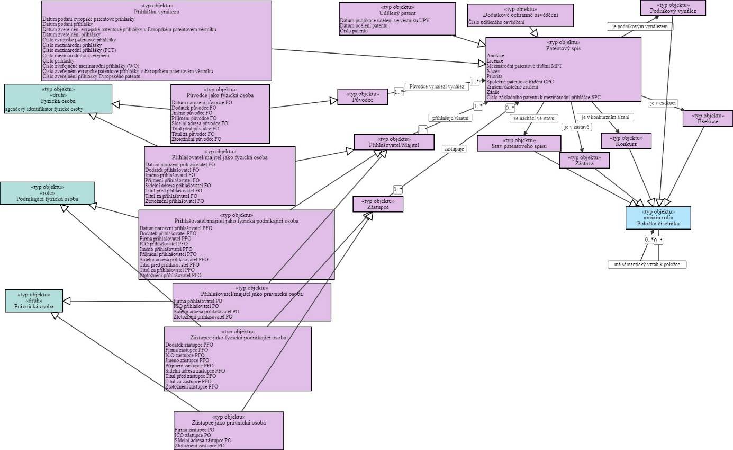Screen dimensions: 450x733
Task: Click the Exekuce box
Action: pyautogui.click(x=708, y=119)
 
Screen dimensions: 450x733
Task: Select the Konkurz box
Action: pyautogui.click(x=626, y=141)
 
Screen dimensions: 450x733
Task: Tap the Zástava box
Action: pyautogui.click(x=584, y=161)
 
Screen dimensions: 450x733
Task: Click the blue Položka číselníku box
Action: pyautogui.click(x=658, y=218)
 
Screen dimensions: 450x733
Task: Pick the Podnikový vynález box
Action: pyautogui.click(x=672, y=8)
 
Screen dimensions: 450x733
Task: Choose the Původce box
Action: pyautogui.click(x=363, y=97)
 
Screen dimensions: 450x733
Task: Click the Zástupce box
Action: pyautogui.click(x=378, y=204)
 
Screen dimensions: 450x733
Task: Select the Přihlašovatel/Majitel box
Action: pyautogui.click(x=394, y=142)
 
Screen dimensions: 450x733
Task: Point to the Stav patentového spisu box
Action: pyautogui.click(x=519, y=143)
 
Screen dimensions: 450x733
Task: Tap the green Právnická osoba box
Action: pyautogui.click(x=34, y=301)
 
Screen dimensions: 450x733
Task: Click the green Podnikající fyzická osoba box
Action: pyautogui.click(x=48, y=193)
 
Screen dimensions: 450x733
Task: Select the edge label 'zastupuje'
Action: pyautogui.click(x=454, y=149)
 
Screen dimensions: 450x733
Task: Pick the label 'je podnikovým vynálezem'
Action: pyautogui.click(x=639, y=26)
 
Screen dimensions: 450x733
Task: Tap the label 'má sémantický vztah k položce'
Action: pyautogui.click(x=647, y=264)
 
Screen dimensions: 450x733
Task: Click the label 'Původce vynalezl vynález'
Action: pyautogui.click(x=437, y=86)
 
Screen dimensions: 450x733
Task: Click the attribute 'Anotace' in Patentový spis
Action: pyautogui.click(x=495, y=56)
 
